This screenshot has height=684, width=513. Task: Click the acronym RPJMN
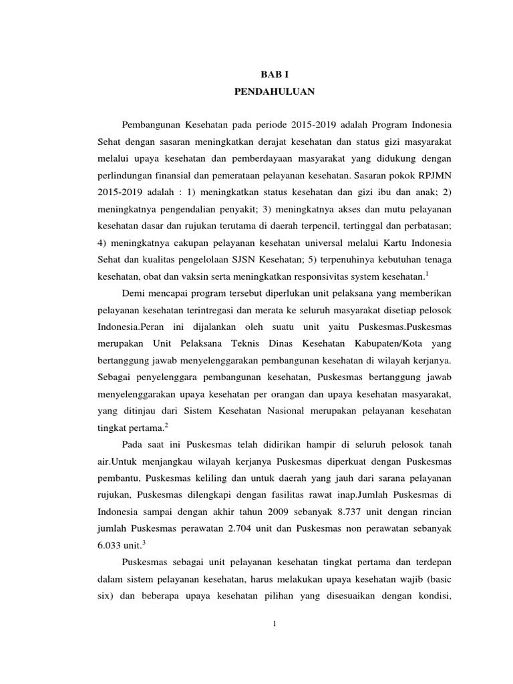[x=433, y=178]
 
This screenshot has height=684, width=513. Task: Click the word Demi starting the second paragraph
[x=135, y=293]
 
